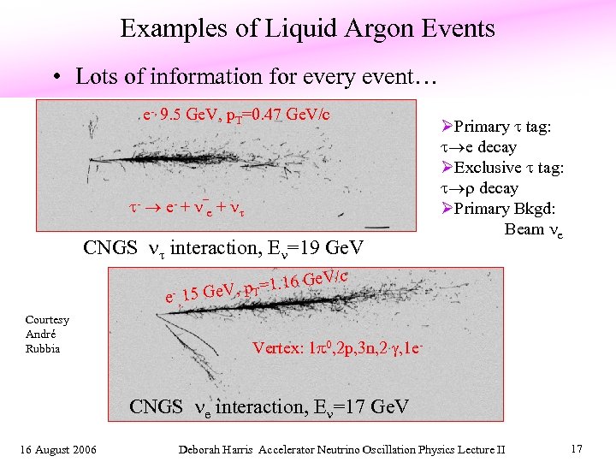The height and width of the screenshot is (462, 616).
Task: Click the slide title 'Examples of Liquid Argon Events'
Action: point(307,29)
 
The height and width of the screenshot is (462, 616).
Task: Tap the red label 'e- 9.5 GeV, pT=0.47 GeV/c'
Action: point(238,114)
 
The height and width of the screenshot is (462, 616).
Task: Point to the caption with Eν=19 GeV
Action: point(223,248)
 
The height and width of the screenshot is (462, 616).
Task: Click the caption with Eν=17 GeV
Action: point(269,406)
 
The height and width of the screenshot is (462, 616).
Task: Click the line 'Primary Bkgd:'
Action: point(493,209)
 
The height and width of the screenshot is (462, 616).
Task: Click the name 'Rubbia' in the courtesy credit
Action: point(43,348)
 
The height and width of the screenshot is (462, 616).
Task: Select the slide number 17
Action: point(575,447)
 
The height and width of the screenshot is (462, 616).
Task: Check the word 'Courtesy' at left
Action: point(47,320)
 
